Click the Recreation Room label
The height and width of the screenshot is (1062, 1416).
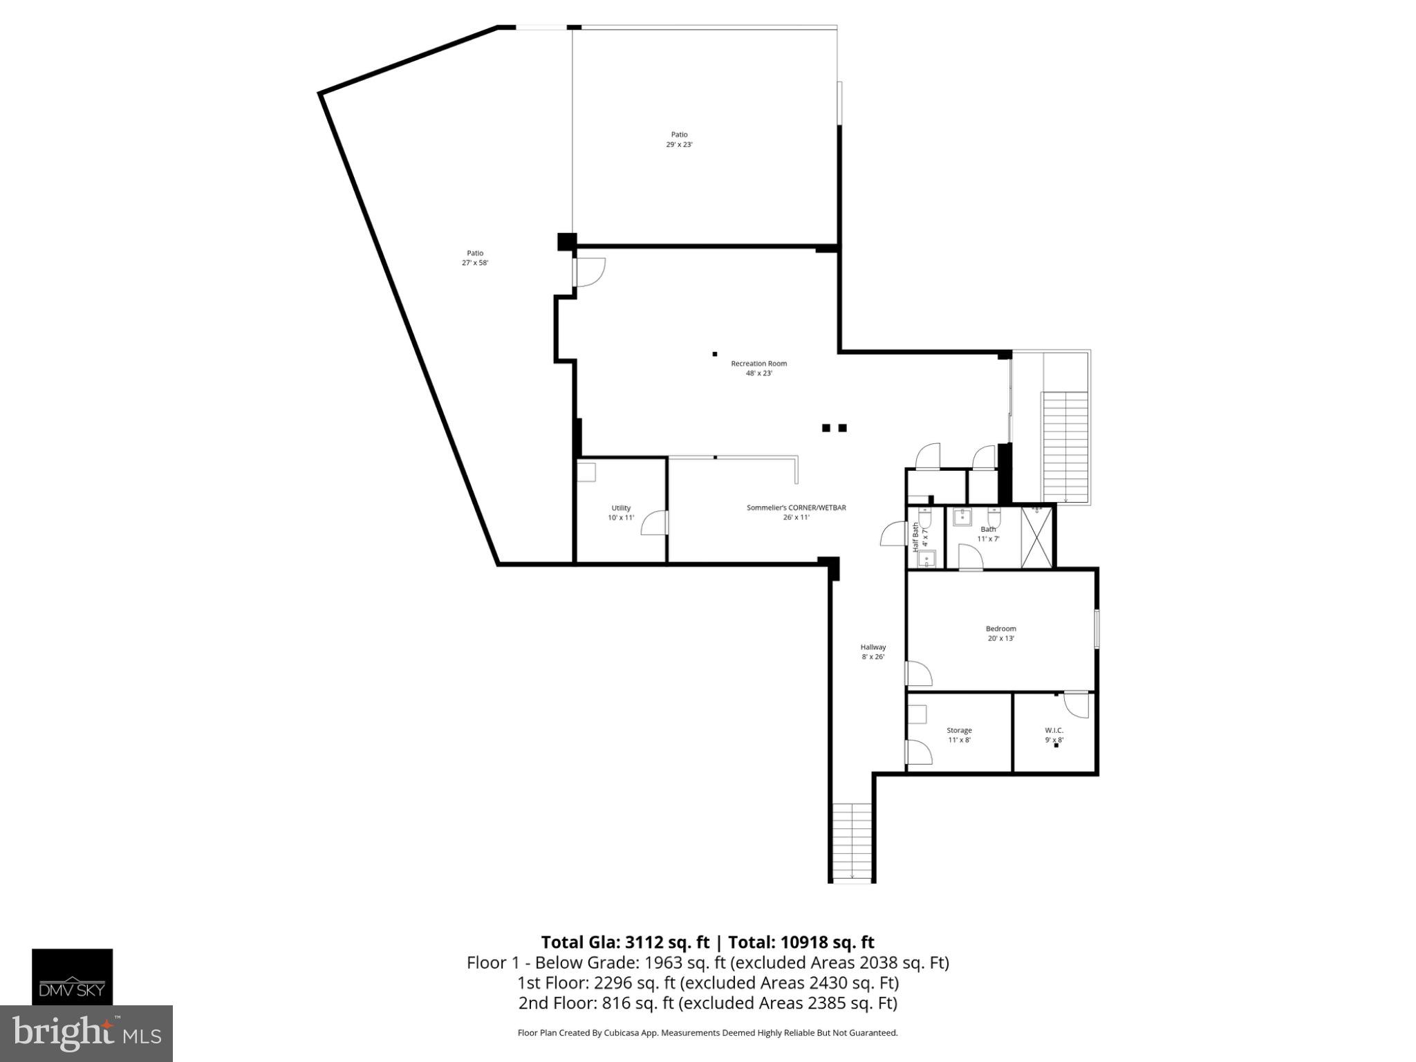pyautogui.click(x=758, y=364)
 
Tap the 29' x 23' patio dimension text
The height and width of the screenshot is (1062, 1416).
pyautogui.click(x=679, y=145)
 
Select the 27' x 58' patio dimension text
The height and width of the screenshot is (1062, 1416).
pyautogui.click(x=475, y=263)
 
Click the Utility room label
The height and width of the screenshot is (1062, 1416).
pyautogui.click(x=621, y=508)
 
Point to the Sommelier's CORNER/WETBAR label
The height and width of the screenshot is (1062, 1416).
pyautogui.click(x=796, y=507)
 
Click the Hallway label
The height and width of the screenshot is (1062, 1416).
pyautogui.click(x=873, y=647)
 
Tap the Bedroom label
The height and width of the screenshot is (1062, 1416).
pyautogui.click(x=1000, y=628)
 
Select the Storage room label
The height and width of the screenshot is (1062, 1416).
pyautogui.click(x=959, y=730)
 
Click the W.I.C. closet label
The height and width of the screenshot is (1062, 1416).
pyautogui.click(x=1054, y=730)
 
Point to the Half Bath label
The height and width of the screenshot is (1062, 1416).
pyautogui.click(x=916, y=536)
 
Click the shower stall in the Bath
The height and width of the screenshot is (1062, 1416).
pyautogui.click(x=1036, y=537)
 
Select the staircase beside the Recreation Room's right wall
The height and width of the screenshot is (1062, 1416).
pyautogui.click(x=1065, y=446)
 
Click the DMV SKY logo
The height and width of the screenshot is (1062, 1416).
pyautogui.click(x=72, y=976)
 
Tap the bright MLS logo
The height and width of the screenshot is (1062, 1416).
pyautogui.click(x=86, y=1034)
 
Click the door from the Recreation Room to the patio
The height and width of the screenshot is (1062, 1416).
pyautogui.click(x=589, y=272)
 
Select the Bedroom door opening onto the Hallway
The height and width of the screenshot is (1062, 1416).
pyautogui.click(x=918, y=673)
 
